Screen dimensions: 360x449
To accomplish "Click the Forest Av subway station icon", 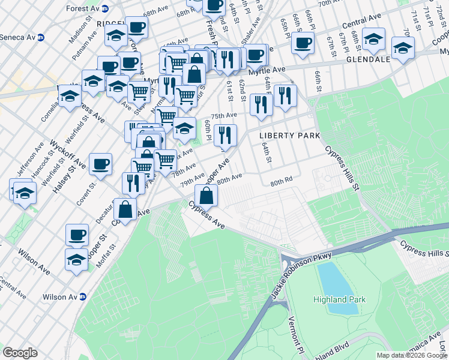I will pos(106,8).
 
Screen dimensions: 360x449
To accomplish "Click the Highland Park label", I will pos(339,299).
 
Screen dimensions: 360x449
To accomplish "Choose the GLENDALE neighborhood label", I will pos(368,60).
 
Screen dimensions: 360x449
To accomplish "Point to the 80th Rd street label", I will pos(280,180).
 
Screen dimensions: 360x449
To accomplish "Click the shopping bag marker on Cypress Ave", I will pos(206,196).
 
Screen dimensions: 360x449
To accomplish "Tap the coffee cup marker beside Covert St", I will pos(100,164).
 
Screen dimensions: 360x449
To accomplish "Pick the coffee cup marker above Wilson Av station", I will pos(77,235).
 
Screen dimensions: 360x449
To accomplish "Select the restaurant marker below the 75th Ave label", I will pos(225,136).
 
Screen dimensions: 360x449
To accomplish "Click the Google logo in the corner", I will pos(20,353).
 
